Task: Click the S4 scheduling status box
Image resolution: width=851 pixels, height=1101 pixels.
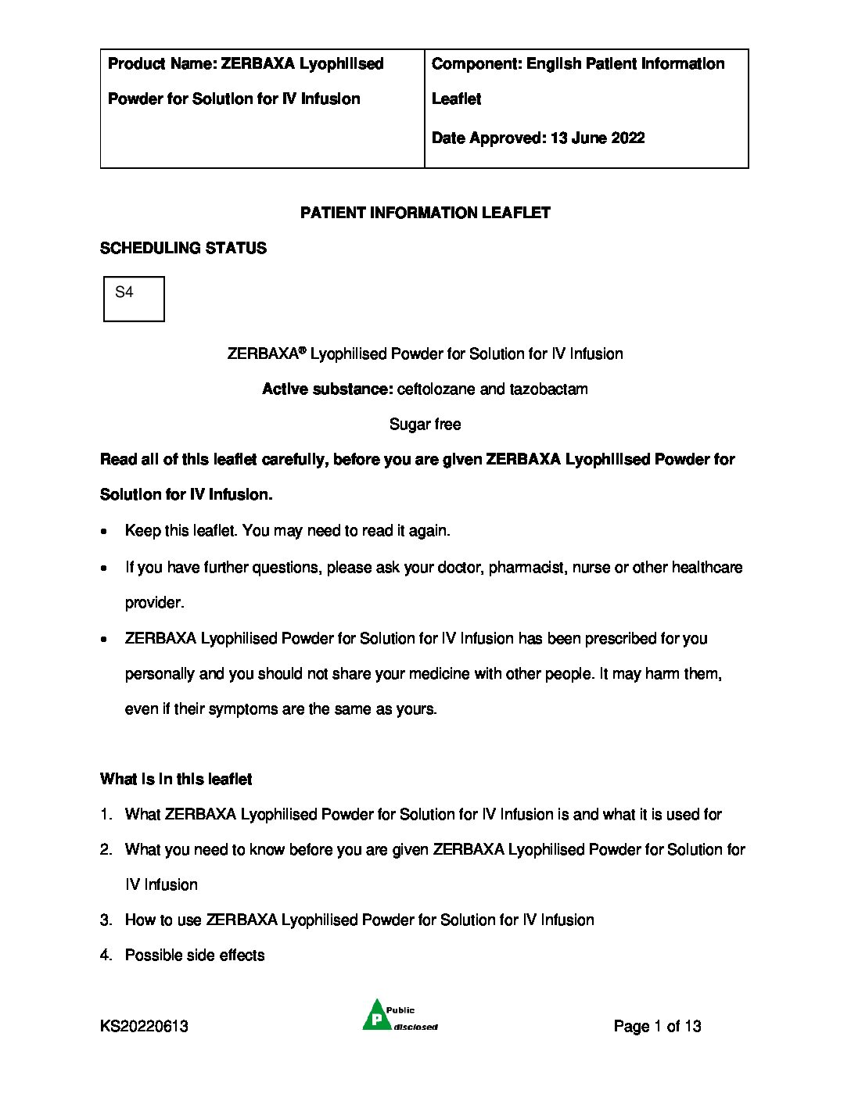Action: click(x=134, y=299)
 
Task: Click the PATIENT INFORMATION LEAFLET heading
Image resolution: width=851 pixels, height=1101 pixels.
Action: click(x=425, y=213)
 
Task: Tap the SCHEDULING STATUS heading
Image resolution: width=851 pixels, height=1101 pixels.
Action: click(x=183, y=248)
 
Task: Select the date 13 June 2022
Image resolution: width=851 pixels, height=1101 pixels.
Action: click(x=598, y=138)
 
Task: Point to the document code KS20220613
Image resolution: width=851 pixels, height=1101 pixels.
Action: click(x=144, y=1027)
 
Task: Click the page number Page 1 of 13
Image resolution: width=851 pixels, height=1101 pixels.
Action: click(x=657, y=1027)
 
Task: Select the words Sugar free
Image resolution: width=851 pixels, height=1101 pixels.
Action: click(x=425, y=425)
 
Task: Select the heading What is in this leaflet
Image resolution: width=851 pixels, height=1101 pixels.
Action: click(x=176, y=780)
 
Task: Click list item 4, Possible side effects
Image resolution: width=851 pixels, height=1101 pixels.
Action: click(x=195, y=956)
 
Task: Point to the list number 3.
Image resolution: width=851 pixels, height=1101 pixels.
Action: click(x=105, y=920)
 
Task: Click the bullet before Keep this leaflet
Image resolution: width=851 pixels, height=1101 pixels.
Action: click(x=105, y=531)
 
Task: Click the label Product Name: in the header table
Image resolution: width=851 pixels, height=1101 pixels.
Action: click(x=162, y=64)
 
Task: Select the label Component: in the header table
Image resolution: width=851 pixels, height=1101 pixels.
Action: click(x=476, y=64)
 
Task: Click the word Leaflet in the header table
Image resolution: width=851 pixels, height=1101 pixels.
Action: click(x=456, y=99)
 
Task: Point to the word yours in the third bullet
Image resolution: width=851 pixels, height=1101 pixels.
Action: click(x=418, y=709)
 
